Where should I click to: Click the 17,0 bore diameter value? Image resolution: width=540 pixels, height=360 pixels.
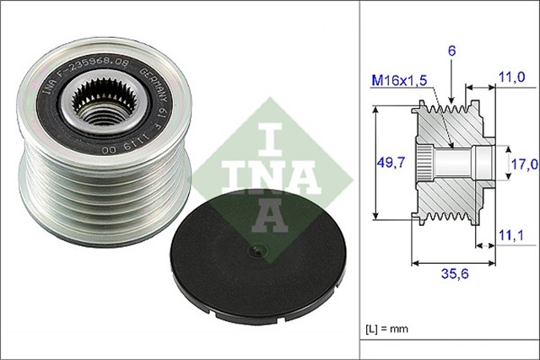(x=524, y=164)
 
